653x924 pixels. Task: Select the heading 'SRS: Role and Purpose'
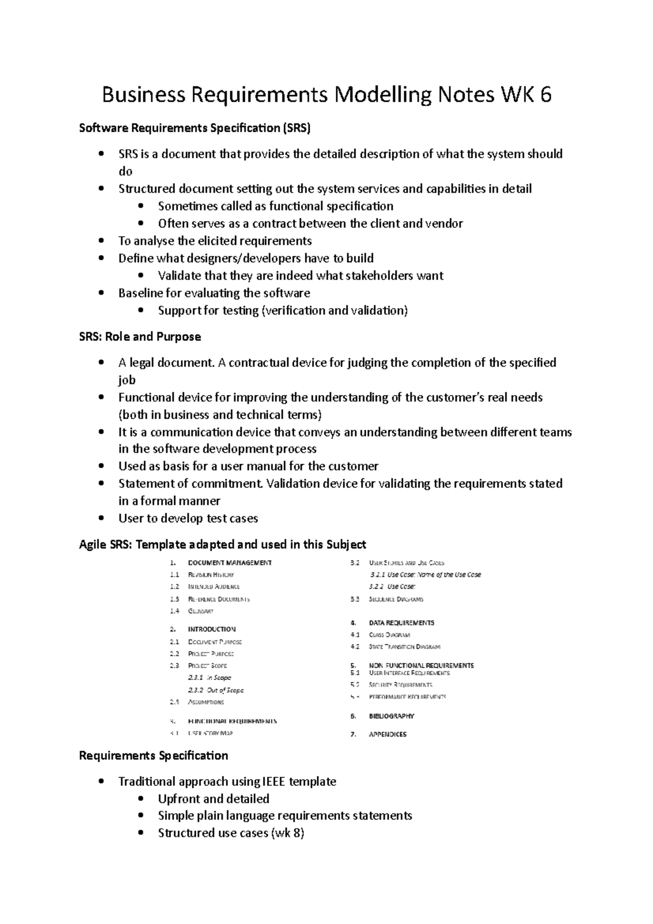coord(140,337)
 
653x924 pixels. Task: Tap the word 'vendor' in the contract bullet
coord(445,224)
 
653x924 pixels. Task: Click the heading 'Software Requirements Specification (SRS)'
coord(195,128)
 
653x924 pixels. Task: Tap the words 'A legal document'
coord(166,363)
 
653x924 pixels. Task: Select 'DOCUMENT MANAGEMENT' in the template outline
coord(230,563)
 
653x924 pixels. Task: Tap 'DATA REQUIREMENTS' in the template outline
coord(401,623)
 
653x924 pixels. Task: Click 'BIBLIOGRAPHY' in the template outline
coord(391,717)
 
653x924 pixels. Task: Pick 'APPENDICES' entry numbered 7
coord(387,735)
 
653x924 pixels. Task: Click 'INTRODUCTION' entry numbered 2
coord(212,629)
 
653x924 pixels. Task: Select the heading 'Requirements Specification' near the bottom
coord(153,756)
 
